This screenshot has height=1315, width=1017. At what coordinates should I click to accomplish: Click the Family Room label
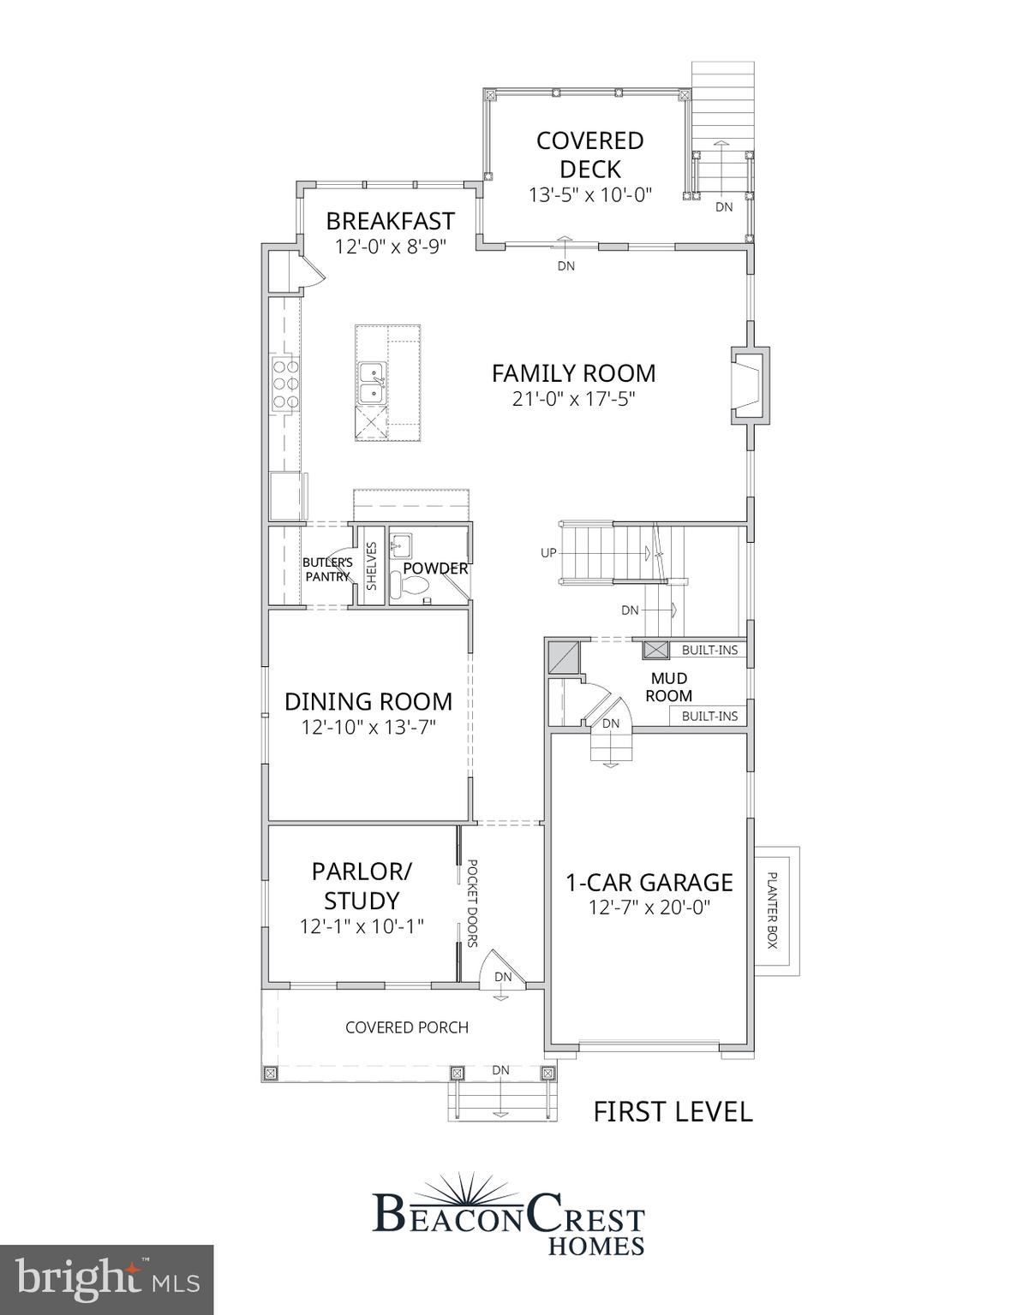(x=573, y=373)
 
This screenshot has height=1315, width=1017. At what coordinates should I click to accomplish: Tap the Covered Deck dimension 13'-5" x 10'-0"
(x=589, y=195)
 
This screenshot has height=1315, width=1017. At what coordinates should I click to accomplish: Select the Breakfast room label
(x=390, y=221)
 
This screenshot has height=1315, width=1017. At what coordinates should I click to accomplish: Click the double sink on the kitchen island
(x=372, y=383)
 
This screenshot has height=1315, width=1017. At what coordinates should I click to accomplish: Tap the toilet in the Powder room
(x=411, y=586)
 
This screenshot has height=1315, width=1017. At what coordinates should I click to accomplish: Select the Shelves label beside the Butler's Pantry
(x=372, y=566)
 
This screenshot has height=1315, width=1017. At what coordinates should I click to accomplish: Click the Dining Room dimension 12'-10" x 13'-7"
(x=368, y=728)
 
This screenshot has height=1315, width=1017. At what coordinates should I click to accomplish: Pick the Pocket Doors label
(x=471, y=903)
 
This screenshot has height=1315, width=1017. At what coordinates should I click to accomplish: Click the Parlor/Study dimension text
(x=362, y=926)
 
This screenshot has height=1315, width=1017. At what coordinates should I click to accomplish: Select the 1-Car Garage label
(x=649, y=883)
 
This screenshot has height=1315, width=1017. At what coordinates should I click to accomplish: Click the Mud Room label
(x=668, y=687)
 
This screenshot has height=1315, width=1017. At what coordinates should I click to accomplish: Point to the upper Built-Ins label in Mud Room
(x=709, y=651)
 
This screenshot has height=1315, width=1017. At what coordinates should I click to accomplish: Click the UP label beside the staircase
(x=548, y=553)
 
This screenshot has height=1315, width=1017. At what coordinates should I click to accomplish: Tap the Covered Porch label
(x=407, y=1027)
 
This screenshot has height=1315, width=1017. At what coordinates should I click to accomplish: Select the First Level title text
(x=673, y=1112)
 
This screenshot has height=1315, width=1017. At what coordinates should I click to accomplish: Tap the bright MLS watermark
(x=106, y=1280)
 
